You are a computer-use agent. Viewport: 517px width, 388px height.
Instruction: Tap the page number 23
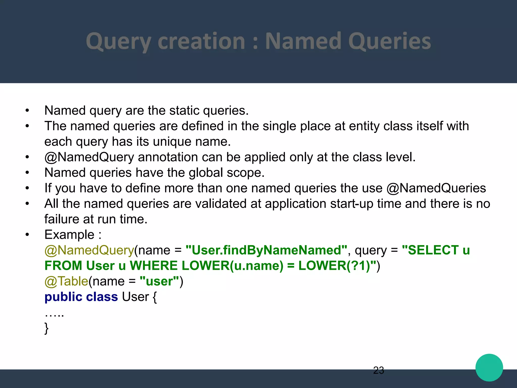pyautogui.click(x=378, y=370)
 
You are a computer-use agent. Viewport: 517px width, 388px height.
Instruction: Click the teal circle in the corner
pyautogui.click(x=489, y=368)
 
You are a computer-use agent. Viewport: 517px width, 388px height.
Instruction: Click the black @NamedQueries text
pyautogui.click(x=436, y=188)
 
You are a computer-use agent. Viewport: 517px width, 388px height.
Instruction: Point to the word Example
pyautogui.click(x=69, y=235)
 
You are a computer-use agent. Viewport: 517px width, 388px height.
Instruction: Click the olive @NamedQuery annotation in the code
pyautogui.click(x=89, y=250)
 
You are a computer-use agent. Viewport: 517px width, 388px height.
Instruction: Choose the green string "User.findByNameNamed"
pyautogui.click(x=266, y=250)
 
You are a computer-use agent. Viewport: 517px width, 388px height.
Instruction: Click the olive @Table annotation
pyautogui.click(x=66, y=281)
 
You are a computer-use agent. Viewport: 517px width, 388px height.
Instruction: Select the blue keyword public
pyautogui.click(x=63, y=297)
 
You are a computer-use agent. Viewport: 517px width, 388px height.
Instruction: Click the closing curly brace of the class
pyautogui.click(x=46, y=328)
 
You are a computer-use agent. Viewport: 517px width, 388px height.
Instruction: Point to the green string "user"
pyautogui.click(x=159, y=281)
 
